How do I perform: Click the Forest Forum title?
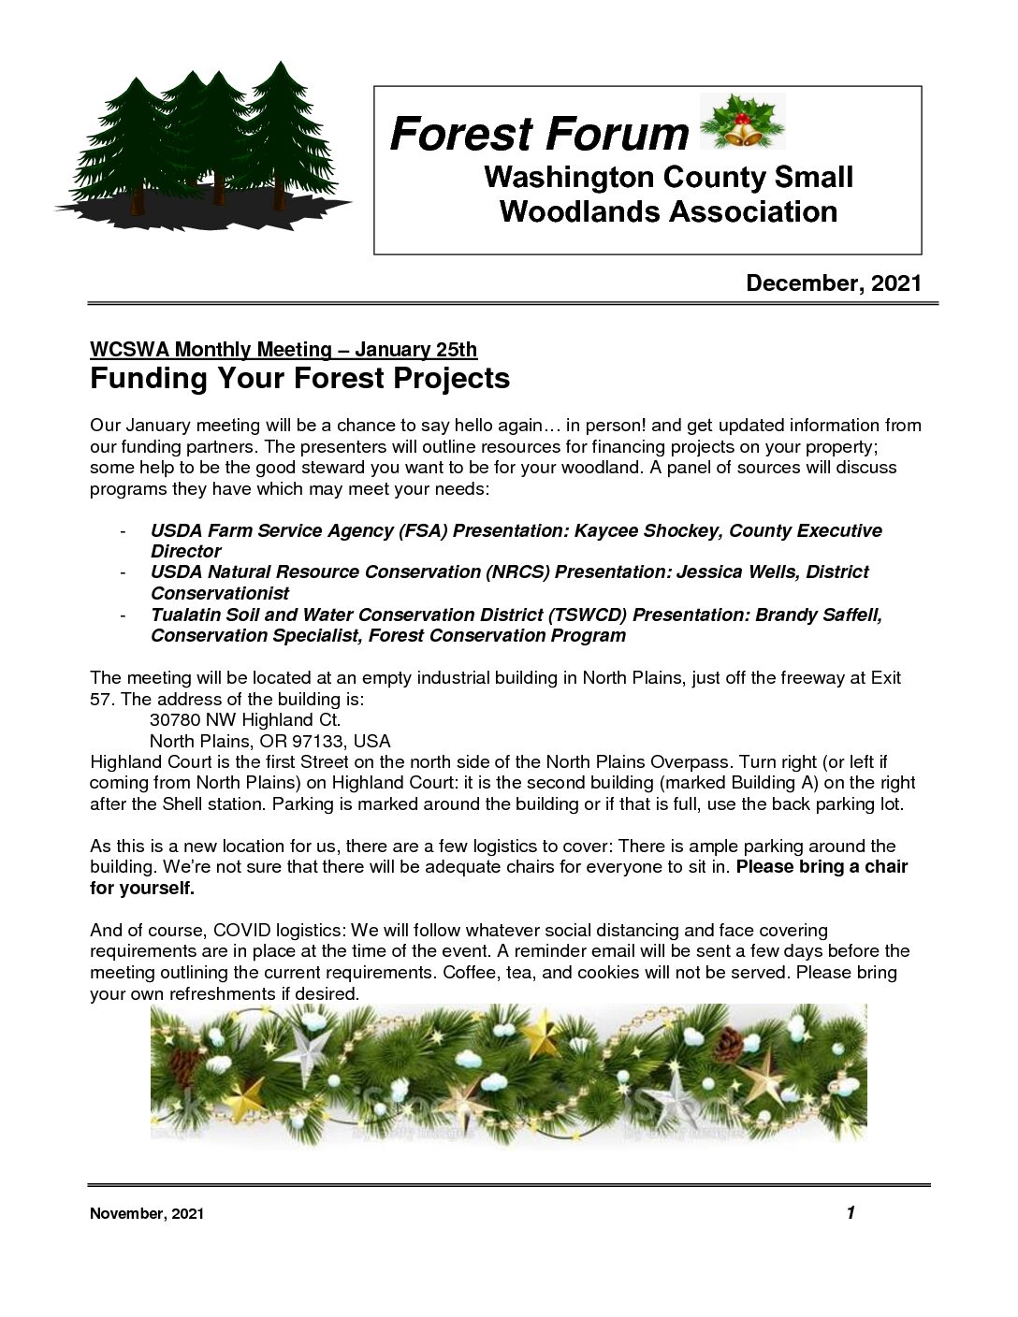tap(539, 134)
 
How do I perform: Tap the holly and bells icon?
tap(742, 122)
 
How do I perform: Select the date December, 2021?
tap(833, 283)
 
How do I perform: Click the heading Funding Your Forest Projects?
tap(299, 379)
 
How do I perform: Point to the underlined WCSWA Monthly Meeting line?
tap(283, 350)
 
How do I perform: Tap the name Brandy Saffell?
tap(818, 615)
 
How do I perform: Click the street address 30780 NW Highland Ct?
tap(245, 720)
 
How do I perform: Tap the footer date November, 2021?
tap(146, 1214)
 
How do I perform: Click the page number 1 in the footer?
tap(851, 1213)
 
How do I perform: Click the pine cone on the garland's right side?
tap(728, 1044)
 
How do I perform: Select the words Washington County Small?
tap(668, 178)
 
